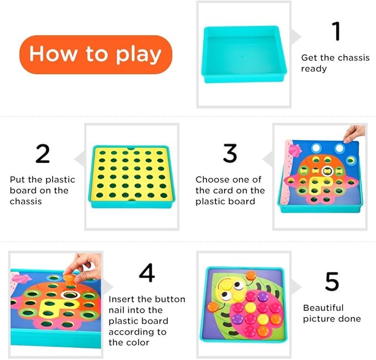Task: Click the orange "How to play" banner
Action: coord(95,54)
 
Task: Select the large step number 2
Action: coord(43,154)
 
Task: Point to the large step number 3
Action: coord(230,154)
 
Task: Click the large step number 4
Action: coord(147,273)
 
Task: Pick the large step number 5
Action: coord(332,282)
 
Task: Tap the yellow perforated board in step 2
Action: coord(131,174)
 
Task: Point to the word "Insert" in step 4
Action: coord(122,299)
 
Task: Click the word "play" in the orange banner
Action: coord(138,55)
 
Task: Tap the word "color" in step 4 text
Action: coord(138,342)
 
